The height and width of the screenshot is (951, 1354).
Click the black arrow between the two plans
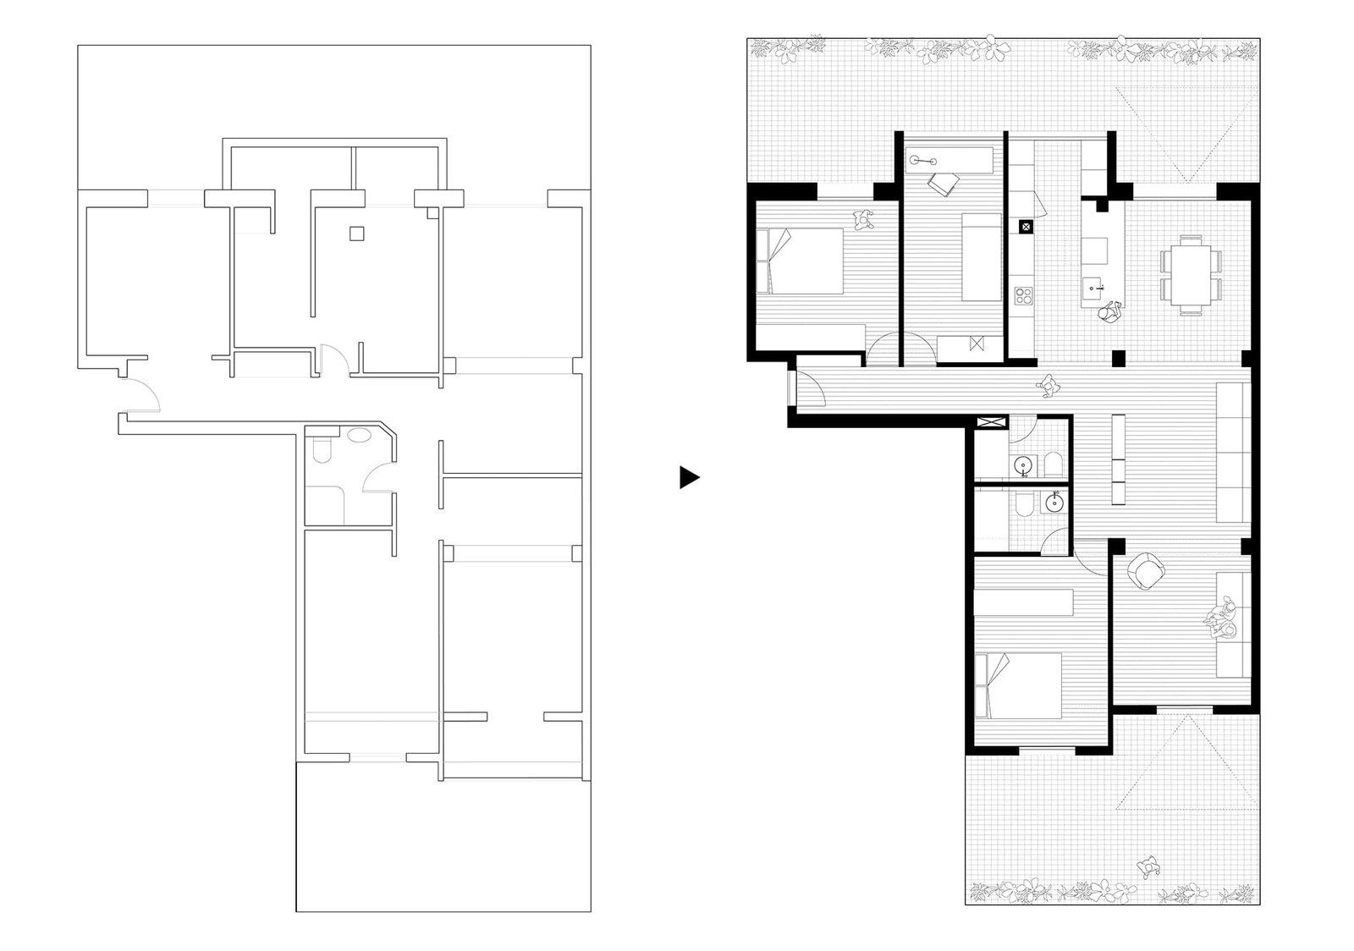click(689, 478)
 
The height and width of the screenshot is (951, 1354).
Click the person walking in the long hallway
click(1050, 386)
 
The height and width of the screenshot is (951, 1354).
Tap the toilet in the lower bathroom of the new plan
click(1021, 505)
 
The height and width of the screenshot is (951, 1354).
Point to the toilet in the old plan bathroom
click(322, 449)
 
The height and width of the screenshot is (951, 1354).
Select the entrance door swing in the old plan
click(140, 395)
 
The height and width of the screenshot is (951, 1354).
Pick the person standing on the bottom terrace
click(1148, 866)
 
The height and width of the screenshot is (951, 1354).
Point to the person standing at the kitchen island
click(1109, 311)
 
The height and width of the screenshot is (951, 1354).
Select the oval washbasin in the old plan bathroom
click(360, 437)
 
